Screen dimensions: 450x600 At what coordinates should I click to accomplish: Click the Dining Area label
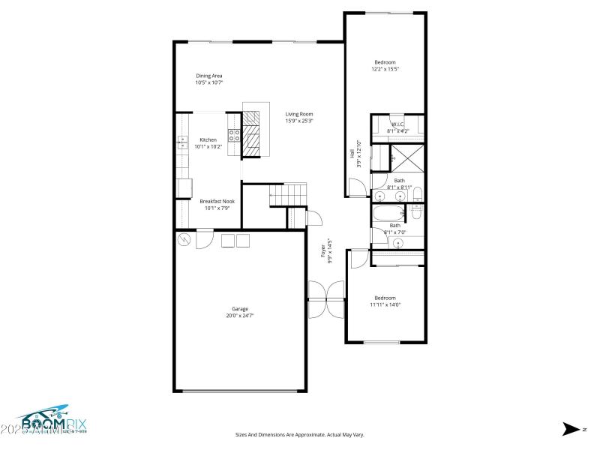(209, 75)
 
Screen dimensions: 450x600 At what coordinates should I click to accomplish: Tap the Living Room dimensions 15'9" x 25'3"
(298, 121)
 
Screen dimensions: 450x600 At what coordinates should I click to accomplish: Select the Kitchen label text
(208, 139)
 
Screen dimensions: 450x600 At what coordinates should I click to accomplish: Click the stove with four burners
(234, 136)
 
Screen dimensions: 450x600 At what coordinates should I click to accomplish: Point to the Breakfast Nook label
(217, 201)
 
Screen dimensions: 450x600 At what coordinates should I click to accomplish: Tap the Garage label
(239, 308)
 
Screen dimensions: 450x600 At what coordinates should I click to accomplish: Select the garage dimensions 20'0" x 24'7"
(239, 316)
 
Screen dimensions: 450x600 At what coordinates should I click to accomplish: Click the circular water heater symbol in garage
(184, 239)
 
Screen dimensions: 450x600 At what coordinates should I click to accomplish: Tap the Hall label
(352, 153)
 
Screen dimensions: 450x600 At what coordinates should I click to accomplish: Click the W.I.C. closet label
(397, 124)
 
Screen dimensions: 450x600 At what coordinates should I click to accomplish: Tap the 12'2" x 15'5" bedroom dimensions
(385, 69)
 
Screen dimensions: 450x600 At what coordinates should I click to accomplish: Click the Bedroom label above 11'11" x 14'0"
(385, 297)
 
